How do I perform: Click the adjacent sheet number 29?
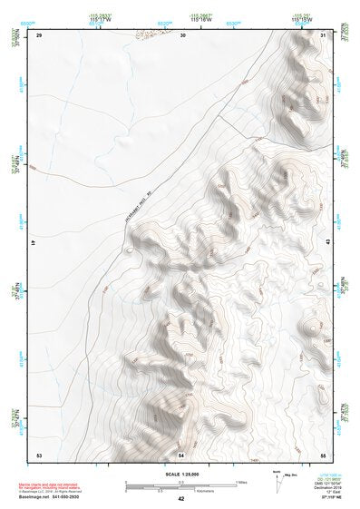(39, 34)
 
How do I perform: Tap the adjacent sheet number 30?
(183, 34)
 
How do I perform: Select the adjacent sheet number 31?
(324, 34)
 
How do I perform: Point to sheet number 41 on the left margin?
(34, 243)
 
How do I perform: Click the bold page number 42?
(181, 498)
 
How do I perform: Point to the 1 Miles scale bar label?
(240, 481)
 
